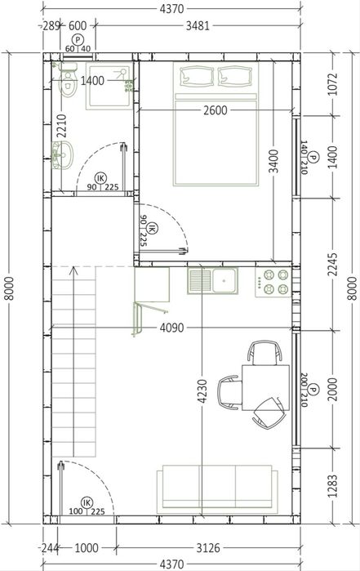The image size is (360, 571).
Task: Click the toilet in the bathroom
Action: point(68,81)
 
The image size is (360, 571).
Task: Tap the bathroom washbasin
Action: point(62,155)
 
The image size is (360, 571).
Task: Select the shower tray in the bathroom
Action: point(109,86)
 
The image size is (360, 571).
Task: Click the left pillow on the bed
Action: point(197,77)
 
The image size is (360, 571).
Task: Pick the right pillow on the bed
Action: point(235,77)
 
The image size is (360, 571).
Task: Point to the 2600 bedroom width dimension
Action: point(216,110)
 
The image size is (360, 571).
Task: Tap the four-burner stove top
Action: point(273,282)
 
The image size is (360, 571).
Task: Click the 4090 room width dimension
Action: point(171,328)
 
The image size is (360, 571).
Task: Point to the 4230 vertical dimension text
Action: point(202,391)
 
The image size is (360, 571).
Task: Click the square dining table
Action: point(266,387)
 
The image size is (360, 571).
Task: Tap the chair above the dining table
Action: point(265,352)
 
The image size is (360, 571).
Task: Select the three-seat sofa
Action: point(217,488)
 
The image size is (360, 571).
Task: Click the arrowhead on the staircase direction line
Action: point(74,270)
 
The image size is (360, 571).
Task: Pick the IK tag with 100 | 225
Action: point(87,503)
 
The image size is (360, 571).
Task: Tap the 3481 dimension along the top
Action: point(198,26)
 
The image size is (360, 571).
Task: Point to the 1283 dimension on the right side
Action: point(333,486)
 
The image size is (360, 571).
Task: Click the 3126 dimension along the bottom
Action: point(208,547)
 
